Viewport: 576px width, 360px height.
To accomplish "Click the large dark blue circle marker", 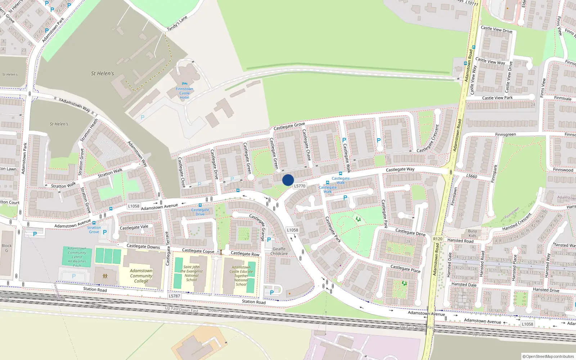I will point(288,180).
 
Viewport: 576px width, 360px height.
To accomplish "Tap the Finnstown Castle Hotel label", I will point(184,93).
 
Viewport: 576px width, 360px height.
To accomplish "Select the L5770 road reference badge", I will point(300,186).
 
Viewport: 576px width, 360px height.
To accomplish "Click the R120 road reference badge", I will point(438,239).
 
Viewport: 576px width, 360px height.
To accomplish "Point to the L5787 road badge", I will point(174,296).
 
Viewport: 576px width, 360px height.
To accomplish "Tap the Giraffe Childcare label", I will point(279,251).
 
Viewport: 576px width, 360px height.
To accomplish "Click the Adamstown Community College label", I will point(141,276).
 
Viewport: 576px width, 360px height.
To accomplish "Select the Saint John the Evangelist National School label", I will point(192,274).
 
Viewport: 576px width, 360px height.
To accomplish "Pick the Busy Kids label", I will point(472,234).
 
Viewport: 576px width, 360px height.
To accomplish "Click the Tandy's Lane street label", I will point(177,23).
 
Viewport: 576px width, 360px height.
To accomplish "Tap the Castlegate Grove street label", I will point(289,126).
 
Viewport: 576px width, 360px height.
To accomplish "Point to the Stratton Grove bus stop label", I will point(94,230).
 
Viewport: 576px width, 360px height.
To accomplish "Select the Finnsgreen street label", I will point(505,135).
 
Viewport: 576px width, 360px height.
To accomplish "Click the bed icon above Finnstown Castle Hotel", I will point(185,84).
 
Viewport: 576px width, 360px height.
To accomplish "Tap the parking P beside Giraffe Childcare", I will point(269,240).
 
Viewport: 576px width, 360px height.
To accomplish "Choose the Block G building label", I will point(6,248).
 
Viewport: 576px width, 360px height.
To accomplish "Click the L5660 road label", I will point(472,176).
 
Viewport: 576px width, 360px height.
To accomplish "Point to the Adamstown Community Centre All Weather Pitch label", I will point(77,257).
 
